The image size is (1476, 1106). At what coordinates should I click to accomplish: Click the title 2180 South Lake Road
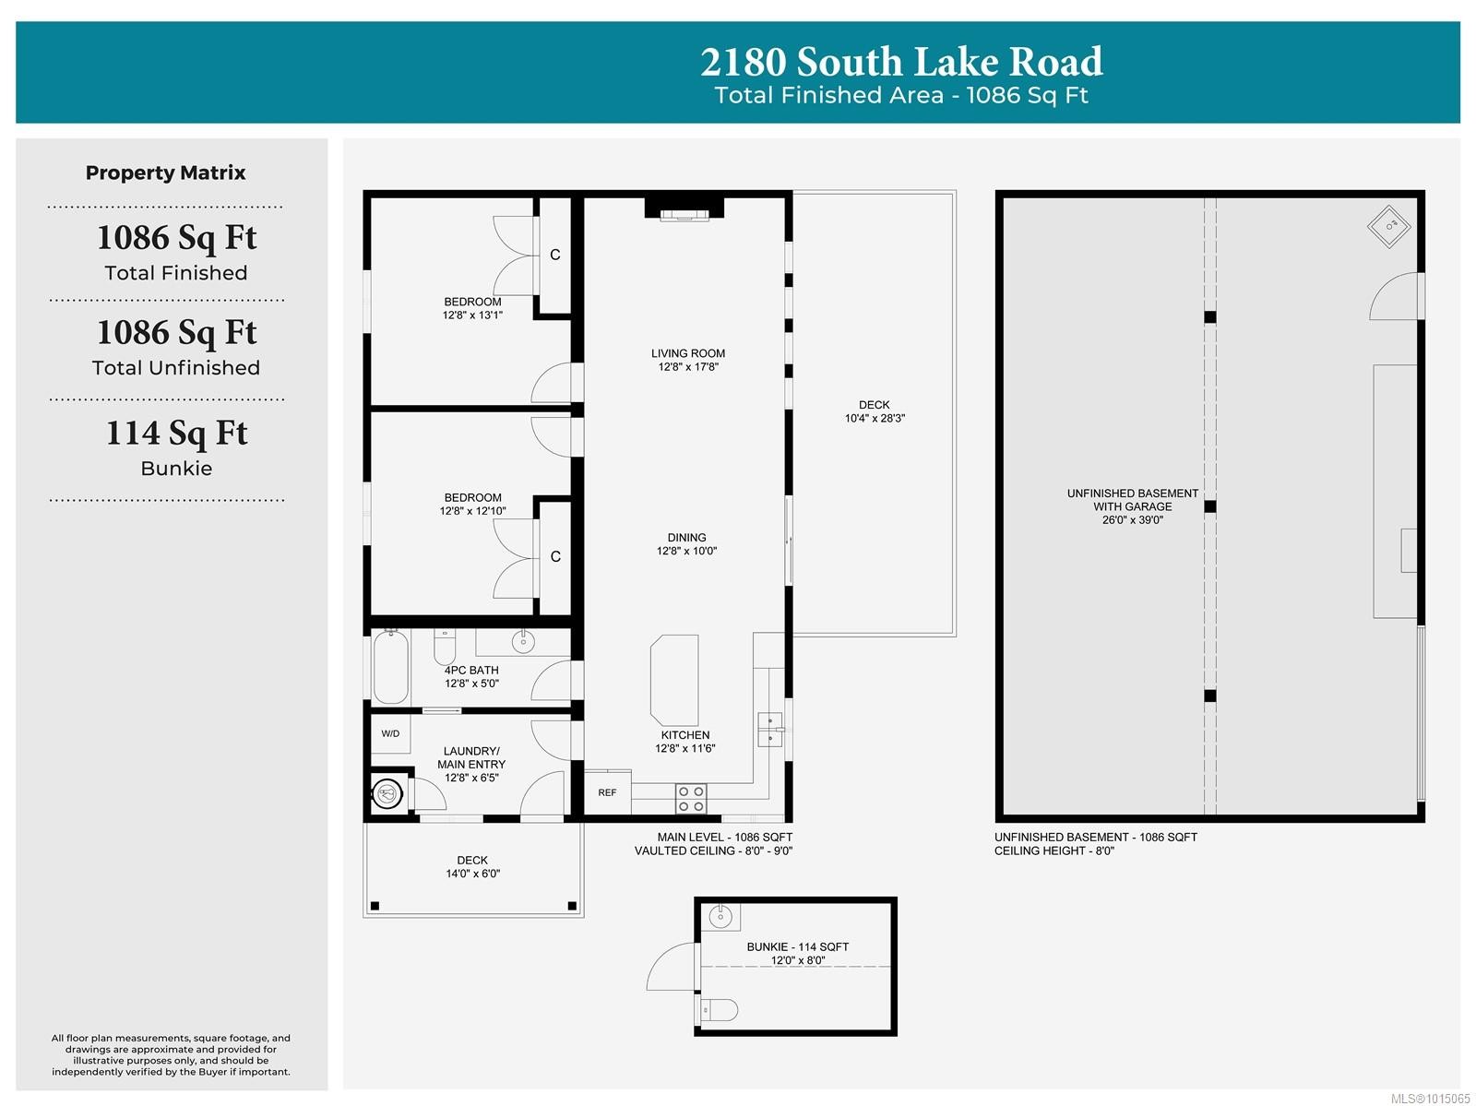[901, 62]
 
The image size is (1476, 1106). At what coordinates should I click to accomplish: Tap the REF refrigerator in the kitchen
[607, 792]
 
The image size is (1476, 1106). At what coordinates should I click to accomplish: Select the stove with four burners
[691, 799]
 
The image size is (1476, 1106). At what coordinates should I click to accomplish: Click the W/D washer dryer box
[390, 734]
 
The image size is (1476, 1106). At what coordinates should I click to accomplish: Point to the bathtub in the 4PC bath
[391, 668]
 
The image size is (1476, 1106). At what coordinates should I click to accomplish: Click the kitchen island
[674, 680]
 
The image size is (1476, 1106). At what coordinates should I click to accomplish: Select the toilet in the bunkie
[720, 1011]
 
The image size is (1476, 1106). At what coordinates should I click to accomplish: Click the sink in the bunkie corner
[720, 917]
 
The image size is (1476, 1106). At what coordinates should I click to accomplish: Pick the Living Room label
[688, 353]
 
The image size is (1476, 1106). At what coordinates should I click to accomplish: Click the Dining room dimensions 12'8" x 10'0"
[686, 552]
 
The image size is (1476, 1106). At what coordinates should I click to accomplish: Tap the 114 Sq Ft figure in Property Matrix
[176, 433]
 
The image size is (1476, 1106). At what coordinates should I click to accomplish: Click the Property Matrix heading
[166, 172]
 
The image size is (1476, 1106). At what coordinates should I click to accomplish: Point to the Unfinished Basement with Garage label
[1133, 500]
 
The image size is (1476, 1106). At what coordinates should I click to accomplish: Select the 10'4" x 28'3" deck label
[875, 419]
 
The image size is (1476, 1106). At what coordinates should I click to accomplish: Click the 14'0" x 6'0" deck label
[472, 874]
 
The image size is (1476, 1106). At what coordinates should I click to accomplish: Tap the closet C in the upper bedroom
[555, 255]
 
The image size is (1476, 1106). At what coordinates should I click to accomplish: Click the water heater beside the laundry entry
[388, 792]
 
